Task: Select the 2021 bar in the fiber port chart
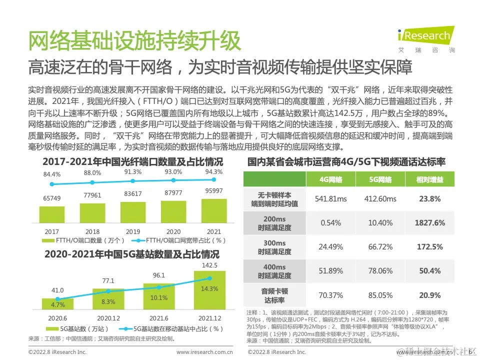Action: [213, 210]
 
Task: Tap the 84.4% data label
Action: [52, 174]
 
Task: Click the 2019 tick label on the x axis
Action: [133, 232]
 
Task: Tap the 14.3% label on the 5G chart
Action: [209, 288]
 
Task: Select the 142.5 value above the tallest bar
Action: [209, 265]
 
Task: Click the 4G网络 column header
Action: [330, 179]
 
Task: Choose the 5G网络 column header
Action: [380, 179]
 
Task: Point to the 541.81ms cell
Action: [330, 199]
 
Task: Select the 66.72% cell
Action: [380, 246]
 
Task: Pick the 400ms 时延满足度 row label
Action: [274, 271]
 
